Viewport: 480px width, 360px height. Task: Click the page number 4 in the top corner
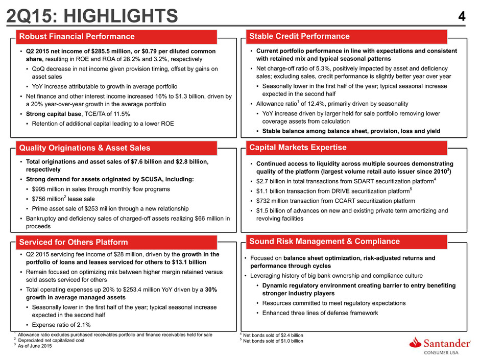(x=462, y=16)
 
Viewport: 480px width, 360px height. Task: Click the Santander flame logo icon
(x=415, y=343)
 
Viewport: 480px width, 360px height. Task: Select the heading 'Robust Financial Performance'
(x=77, y=36)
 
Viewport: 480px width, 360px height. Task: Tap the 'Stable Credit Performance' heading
(x=299, y=36)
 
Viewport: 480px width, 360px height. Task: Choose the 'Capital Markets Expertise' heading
(x=298, y=147)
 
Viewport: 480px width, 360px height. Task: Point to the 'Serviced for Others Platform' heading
(x=74, y=242)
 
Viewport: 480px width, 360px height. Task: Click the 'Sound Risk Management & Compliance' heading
(x=324, y=241)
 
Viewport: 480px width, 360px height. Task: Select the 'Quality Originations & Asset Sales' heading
(x=85, y=148)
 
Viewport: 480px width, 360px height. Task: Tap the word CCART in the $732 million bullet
(x=344, y=201)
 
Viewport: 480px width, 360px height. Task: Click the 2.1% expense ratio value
(x=83, y=325)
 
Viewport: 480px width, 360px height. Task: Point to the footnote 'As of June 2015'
(x=35, y=346)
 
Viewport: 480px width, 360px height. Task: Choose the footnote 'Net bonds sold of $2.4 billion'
(x=273, y=335)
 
